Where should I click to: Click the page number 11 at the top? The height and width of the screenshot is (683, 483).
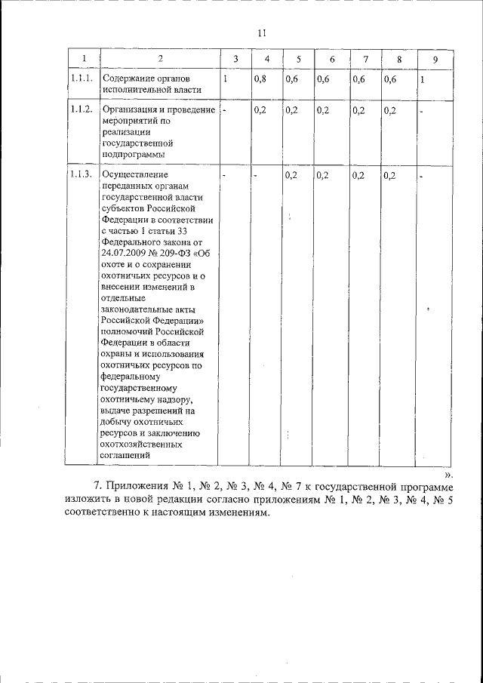pyautogui.click(x=261, y=32)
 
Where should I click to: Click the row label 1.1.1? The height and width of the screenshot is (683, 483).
pyautogui.click(x=81, y=78)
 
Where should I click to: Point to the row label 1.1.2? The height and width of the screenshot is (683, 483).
pyautogui.click(x=81, y=110)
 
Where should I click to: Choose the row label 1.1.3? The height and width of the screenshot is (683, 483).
pyautogui.click(x=81, y=175)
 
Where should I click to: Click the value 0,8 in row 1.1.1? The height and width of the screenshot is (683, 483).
pyautogui.click(x=260, y=78)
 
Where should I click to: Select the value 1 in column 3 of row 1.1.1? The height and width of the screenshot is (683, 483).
pyautogui.click(x=226, y=78)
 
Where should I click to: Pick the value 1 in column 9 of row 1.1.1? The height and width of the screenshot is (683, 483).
pyautogui.click(x=423, y=79)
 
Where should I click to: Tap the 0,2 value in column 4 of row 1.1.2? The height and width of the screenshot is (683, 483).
pyautogui.click(x=260, y=110)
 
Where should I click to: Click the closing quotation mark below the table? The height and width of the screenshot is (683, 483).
pyautogui.click(x=448, y=475)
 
